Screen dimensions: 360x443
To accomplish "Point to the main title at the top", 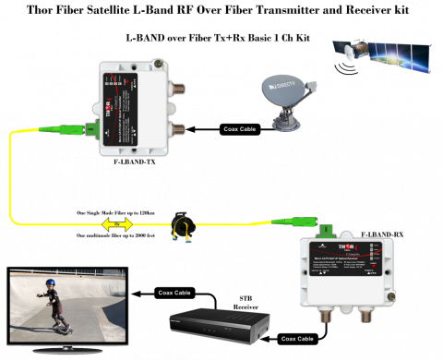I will [221, 10].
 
